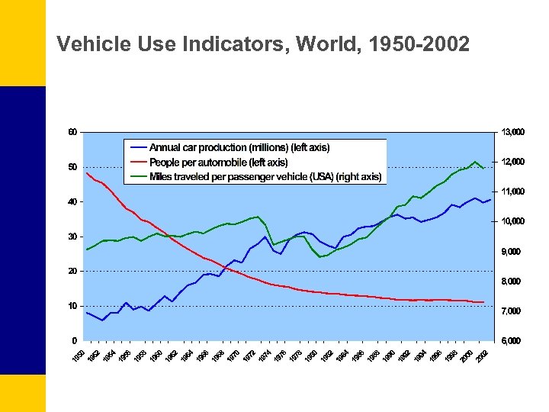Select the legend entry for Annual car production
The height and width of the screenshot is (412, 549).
[239, 147]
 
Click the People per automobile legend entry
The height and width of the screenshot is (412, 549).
[218, 162]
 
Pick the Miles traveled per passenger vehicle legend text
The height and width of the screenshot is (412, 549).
[265, 176]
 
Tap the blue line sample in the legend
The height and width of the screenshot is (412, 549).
[139, 147]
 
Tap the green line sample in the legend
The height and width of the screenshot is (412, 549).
[139, 176]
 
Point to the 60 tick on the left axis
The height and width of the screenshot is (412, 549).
[72, 132]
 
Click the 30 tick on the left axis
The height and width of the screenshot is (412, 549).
[72, 237]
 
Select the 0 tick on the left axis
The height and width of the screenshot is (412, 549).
[74, 340]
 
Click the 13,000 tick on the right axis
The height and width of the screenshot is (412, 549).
[512, 132]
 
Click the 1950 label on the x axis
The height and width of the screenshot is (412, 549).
[79, 356]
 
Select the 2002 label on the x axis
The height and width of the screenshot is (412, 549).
[482, 356]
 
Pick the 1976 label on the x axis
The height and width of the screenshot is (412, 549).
[281, 356]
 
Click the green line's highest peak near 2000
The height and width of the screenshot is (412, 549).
[475, 162]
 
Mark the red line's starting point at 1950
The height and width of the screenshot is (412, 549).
[87, 173]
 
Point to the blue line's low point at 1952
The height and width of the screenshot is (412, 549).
[102, 320]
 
